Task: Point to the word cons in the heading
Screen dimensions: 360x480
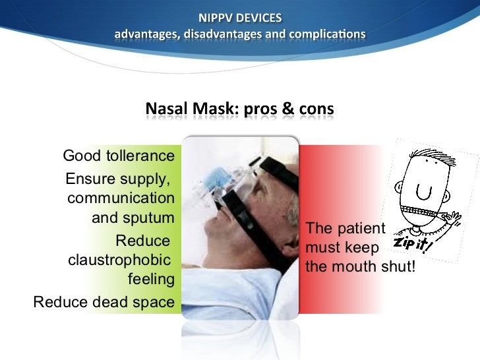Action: (x=315, y=107)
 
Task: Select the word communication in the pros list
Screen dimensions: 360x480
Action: (x=121, y=198)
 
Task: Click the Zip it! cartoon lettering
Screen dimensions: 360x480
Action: (x=413, y=245)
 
